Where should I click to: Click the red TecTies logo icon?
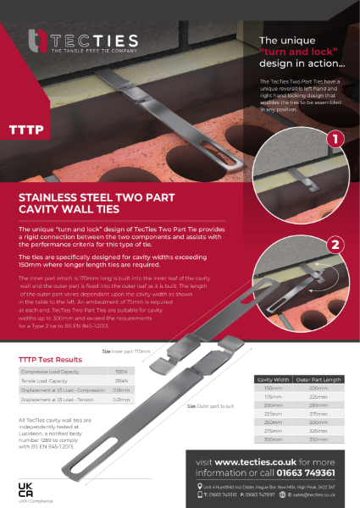[x=36, y=40]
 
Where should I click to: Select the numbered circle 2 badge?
[x=334, y=245]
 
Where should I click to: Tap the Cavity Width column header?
[x=273, y=378]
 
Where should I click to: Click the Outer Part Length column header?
[x=319, y=378]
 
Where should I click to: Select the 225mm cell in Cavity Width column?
[x=273, y=413]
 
